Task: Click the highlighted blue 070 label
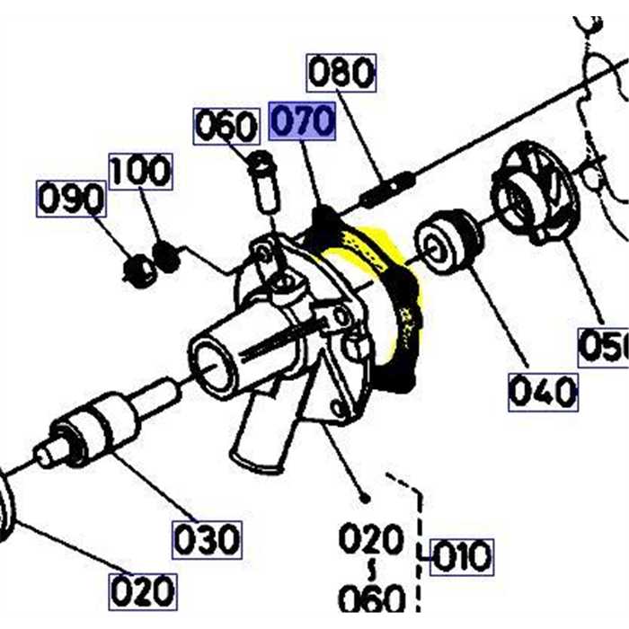coord(303,121)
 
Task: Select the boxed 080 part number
coord(341,73)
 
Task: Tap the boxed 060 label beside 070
coord(226,127)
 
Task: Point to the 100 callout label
coord(140,170)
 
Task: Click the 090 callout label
coord(71,199)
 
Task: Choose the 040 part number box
coord(543,392)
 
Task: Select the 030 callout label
coord(207,539)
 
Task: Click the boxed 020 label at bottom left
coord(142,591)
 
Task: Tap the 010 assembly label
coord(461,556)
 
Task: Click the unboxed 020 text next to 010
coord(370,540)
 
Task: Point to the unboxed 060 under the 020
coord(370,597)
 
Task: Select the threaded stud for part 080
coord(386,187)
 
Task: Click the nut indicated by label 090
coord(139,270)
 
